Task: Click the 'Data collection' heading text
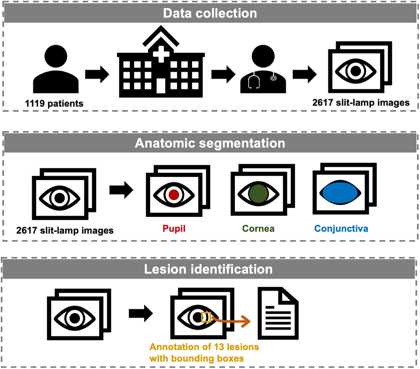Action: (210, 13)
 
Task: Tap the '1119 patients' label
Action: (54, 104)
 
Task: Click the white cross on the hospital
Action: (161, 54)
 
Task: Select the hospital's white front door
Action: (161, 86)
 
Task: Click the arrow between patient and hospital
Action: (97, 75)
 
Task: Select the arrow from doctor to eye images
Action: (304, 75)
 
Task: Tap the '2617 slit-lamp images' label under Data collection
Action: (361, 103)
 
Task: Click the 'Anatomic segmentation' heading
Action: (210, 143)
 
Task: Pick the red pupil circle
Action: (174, 195)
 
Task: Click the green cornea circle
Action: (258, 194)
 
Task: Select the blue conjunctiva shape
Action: (340, 193)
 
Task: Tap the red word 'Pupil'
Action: (174, 228)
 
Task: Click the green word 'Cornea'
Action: (258, 228)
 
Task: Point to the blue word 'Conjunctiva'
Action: (341, 228)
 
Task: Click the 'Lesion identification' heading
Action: (208, 269)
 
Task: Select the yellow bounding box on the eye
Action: (206, 317)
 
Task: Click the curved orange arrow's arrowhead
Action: (246, 321)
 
